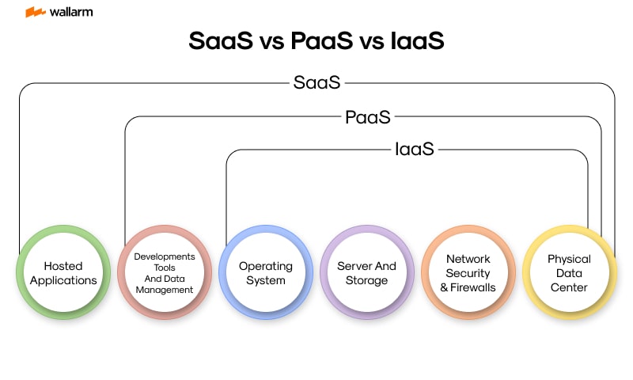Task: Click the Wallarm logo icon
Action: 35,13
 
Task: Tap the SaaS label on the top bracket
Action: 316,82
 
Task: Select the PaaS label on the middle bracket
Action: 367,117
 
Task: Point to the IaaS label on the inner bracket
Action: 414,148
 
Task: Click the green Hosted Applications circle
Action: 63,272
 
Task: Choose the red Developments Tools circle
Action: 165,272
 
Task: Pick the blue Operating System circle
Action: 266,272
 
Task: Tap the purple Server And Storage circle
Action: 367,272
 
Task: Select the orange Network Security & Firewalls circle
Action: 468,272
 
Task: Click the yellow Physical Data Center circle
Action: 569,272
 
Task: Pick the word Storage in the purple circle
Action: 367,279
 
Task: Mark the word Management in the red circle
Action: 165,289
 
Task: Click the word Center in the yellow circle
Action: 569,287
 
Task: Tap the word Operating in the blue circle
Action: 266,266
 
